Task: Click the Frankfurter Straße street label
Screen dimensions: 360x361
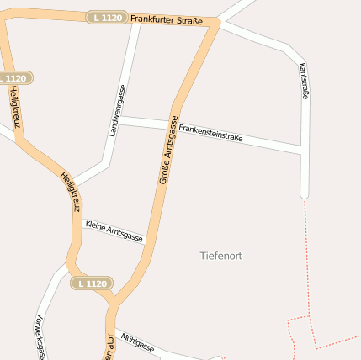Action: coord(167,19)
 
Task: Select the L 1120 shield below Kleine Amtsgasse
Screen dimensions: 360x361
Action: coord(92,283)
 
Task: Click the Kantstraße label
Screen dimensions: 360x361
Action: coord(304,82)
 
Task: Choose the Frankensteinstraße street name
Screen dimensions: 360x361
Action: coord(210,132)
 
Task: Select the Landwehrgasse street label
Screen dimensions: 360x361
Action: coord(117,110)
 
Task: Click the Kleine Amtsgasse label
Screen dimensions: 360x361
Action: coord(114,230)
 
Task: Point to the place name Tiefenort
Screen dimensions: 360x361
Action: coord(221,256)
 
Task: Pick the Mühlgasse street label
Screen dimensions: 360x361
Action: coord(137,341)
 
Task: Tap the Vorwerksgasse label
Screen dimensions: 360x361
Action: coord(40,336)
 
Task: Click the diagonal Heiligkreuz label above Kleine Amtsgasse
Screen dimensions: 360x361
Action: coord(71,191)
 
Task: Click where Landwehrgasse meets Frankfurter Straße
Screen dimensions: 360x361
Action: coord(137,17)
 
